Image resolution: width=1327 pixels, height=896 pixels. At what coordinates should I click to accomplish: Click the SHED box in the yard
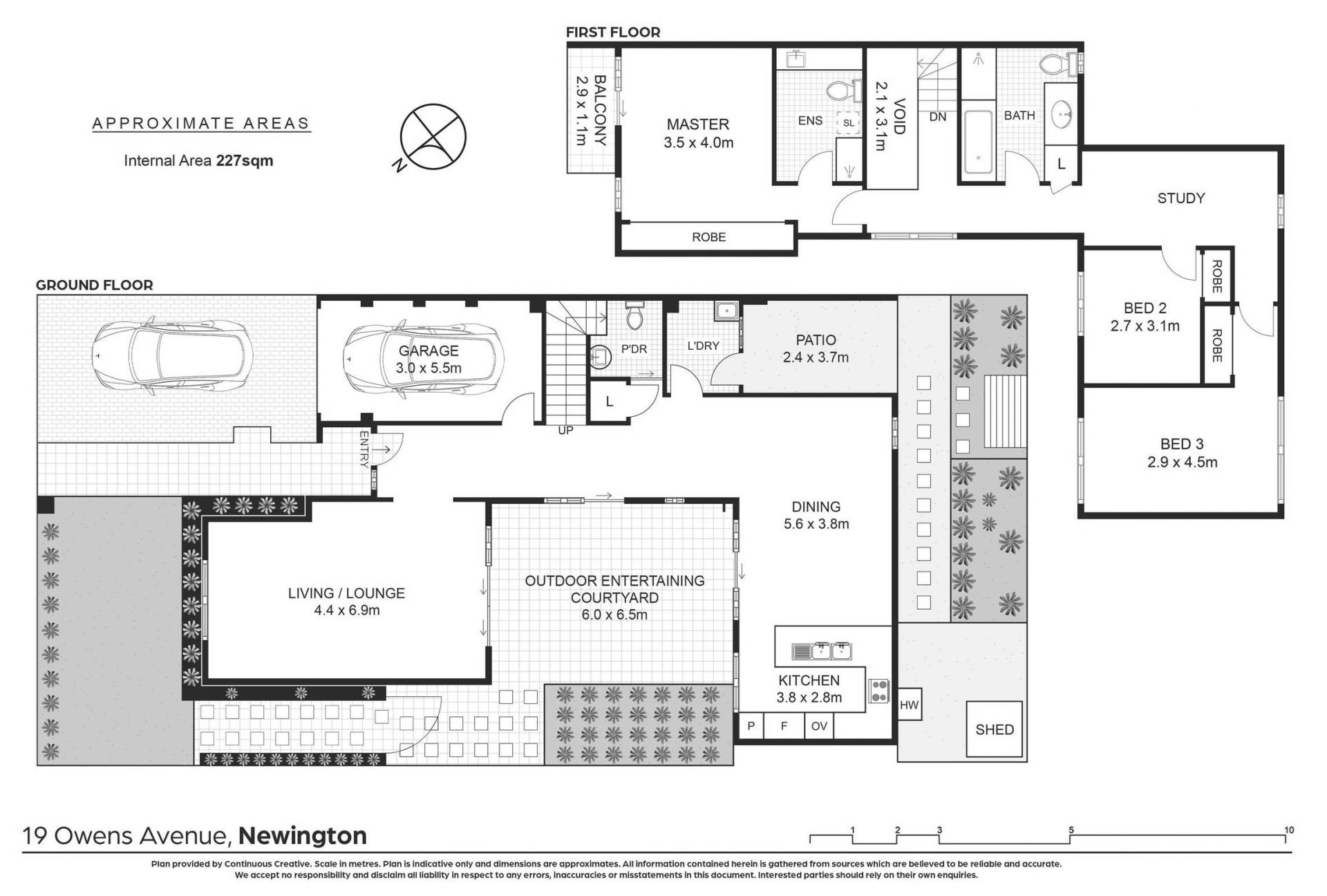pos(995,729)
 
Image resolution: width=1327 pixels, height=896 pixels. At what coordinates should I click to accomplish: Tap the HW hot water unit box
pos(910,705)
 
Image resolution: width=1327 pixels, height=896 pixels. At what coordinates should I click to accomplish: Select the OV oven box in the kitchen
pos(819,727)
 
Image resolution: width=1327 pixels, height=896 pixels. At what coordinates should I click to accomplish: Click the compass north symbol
pos(431,137)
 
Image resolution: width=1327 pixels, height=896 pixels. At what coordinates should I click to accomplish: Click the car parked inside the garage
pos(423,360)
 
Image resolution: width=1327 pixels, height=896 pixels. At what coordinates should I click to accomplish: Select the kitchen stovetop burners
pos(878,691)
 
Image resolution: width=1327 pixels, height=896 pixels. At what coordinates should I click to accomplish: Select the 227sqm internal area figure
pos(245,161)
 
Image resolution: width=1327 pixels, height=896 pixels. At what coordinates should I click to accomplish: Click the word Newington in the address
pos(302,836)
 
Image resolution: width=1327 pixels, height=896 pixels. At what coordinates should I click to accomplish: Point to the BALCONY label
pos(600,110)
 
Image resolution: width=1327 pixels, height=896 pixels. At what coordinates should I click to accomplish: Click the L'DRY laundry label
pos(703,345)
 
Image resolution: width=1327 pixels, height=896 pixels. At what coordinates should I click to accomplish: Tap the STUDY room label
pos(1181,198)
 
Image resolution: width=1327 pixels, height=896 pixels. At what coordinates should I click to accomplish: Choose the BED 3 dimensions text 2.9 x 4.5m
pos(1182,462)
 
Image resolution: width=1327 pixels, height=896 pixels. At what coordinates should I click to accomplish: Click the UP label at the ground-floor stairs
pos(565,430)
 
